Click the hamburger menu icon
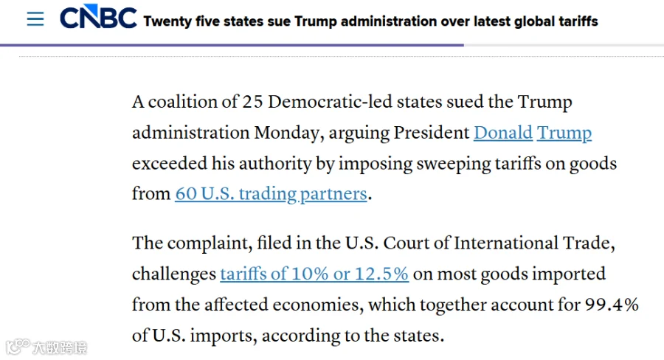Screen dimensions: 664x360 tap(35, 19)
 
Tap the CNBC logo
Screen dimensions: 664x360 tap(98, 17)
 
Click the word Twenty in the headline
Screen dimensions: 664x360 tap(167, 21)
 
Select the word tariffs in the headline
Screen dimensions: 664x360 tap(578, 21)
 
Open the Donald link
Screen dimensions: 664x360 tap(503, 133)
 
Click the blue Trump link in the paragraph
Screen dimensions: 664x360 tap(564, 134)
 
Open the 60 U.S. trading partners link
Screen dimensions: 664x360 tap(271, 194)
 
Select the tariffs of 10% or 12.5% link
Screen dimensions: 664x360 tap(314, 274)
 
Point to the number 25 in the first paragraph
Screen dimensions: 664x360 tap(252, 102)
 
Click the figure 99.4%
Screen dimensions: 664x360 tap(612, 305)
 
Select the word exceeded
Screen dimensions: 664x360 tap(170, 164)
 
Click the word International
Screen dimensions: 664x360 tap(506, 243)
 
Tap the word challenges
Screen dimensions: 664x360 tap(174, 274)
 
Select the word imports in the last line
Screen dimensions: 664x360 tap(223, 336)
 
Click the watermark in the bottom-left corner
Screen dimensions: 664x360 tap(46, 347)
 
